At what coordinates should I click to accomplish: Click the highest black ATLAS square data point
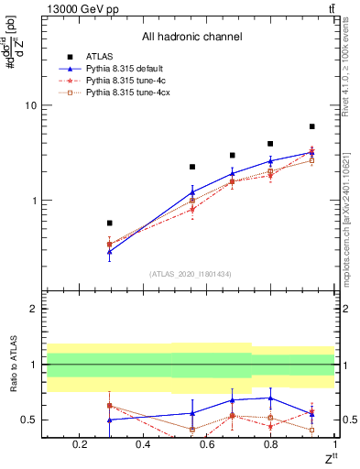(x=312, y=126)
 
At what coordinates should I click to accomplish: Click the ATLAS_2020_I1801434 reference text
(x=190, y=274)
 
